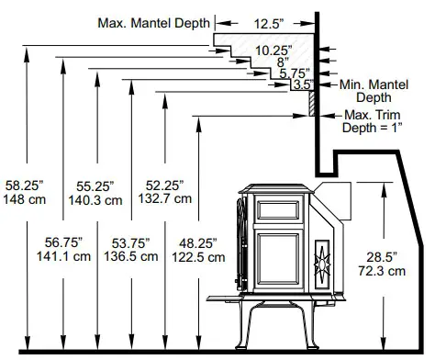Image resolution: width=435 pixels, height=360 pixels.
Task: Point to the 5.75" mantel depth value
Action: click(295, 73)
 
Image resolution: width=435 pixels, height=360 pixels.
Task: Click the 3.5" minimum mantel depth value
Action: click(301, 85)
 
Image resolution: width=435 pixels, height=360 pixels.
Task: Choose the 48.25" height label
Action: click(199, 242)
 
